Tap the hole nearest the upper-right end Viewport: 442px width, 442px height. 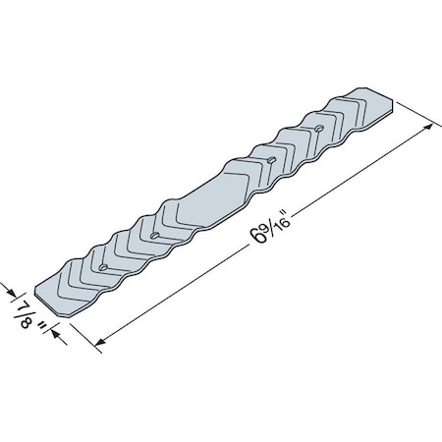(320, 128)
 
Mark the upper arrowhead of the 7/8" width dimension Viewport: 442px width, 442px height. (12, 291)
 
